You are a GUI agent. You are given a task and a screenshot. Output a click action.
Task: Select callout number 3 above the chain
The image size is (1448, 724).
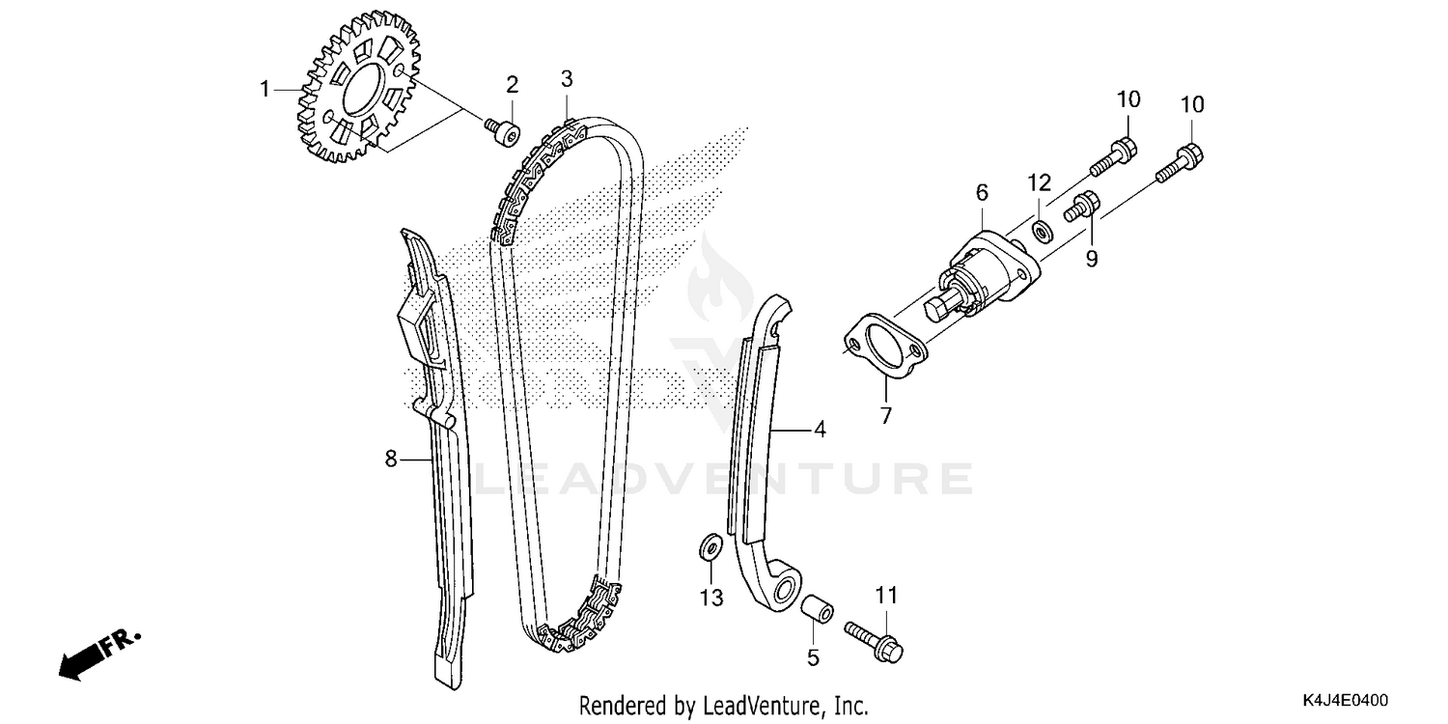[567, 78]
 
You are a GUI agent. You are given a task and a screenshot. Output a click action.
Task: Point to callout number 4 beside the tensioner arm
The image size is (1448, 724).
[819, 430]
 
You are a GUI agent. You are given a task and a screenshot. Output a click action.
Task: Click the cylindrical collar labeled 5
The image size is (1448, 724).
[813, 612]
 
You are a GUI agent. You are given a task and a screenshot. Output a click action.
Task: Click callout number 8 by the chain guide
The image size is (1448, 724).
[391, 459]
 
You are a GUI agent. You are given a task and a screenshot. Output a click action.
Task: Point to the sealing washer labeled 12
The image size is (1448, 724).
[1043, 232]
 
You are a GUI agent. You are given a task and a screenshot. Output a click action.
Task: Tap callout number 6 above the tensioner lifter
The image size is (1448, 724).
[982, 192]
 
